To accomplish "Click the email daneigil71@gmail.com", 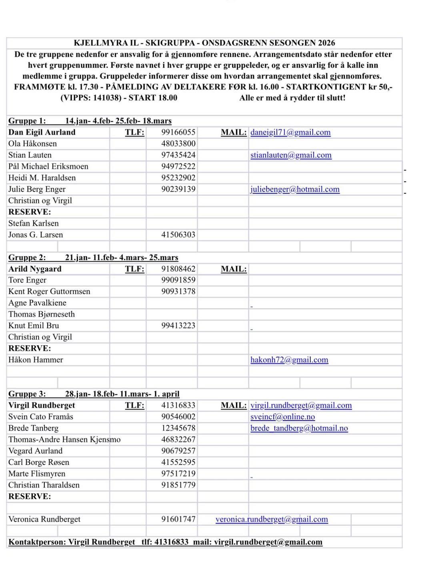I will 290,132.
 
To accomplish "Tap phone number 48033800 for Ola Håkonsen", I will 178,144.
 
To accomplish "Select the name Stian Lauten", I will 30,155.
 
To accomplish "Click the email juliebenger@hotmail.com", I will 295,189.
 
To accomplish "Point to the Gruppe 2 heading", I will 27,258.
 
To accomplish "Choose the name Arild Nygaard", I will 35,269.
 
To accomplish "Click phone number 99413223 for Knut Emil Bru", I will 178,326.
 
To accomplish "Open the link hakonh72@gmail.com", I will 289,360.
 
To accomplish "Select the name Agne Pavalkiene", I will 37,303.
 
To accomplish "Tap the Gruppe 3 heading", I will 27,394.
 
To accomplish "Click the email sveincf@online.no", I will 282,417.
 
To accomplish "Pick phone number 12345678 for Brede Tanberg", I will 178,428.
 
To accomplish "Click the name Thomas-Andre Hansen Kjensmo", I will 64,440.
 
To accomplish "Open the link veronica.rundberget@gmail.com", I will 272,519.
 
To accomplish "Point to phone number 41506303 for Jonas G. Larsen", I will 178,235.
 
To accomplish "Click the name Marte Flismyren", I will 37,474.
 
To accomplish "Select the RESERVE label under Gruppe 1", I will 30,212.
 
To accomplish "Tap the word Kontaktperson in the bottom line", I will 37,542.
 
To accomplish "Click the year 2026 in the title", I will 326,43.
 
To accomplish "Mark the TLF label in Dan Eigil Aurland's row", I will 134,132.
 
